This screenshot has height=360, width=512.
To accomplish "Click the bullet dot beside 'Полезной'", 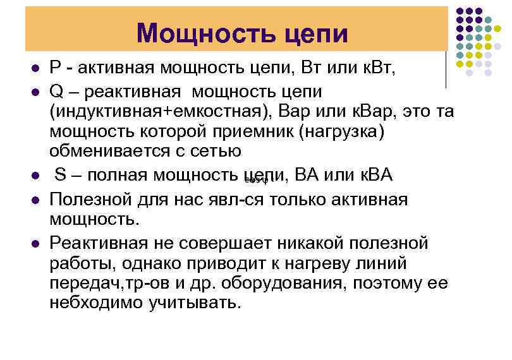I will (x=35, y=200).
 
